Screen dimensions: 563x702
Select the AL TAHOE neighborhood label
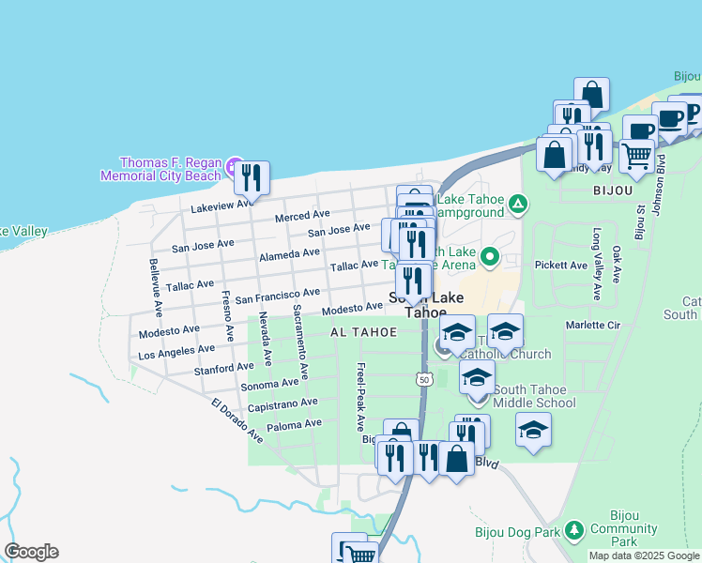(357, 333)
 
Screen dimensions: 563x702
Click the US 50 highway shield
(423, 377)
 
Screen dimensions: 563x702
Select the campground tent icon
(517, 204)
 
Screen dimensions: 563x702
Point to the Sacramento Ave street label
(299, 342)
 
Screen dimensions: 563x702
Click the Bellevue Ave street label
(156, 287)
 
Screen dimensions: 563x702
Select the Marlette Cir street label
(593, 326)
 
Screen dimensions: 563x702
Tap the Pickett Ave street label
(560, 266)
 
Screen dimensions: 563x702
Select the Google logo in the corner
(31, 552)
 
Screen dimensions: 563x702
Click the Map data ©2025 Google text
(644, 555)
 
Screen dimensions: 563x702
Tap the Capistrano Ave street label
(282, 404)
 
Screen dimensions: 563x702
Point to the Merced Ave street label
(302, 216)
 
